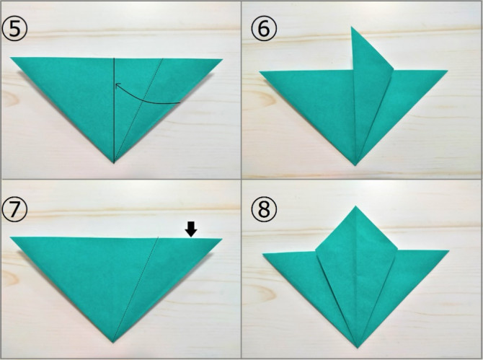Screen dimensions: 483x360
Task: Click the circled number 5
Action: pyautogui.click(x=14, y=29)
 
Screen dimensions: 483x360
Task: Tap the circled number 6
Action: pyautogui.click(x=264, y=29)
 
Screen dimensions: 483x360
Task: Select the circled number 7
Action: pyautogui.click(x=14, y=209)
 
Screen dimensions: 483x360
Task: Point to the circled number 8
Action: pyautogui.click(x=264, y=209)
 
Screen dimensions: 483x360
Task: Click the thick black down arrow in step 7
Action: pyautogui.click(x=191, y=229)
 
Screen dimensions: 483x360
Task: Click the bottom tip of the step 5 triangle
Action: pyautogui.click(x=114, y=163)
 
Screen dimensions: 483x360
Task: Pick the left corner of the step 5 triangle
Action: pyautogui.click(x=11, y=57)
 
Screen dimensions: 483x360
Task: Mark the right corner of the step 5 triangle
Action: pyautogui.click(x=222, y=59)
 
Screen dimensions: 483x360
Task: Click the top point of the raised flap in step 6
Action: pyautogui.click(x=352, y=27)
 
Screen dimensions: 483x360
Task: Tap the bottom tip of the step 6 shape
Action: pyautogui.click(x=355, y=165)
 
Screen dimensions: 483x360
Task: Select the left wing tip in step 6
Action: pyautogui.click(x=260, y=71)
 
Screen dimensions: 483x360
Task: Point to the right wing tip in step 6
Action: pyautogui.click(x=447, y=71)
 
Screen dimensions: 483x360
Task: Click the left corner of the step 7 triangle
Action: pyautogui.click(x=11, y=237)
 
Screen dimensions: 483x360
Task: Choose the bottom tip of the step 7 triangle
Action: pyautogui.click(x=113, y=343)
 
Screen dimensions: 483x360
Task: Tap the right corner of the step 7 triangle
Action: pyautogui.click(x=222, y=239)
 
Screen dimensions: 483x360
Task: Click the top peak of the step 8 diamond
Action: pyautogui.click(x=356, y=206)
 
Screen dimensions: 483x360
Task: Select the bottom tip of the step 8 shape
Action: pyautogui.click(x=358, y=348)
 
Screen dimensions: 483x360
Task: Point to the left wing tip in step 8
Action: pyautogui.click(x=262, y=254)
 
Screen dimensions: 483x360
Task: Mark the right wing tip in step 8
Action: pyautogui.click(x=449, y=251)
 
